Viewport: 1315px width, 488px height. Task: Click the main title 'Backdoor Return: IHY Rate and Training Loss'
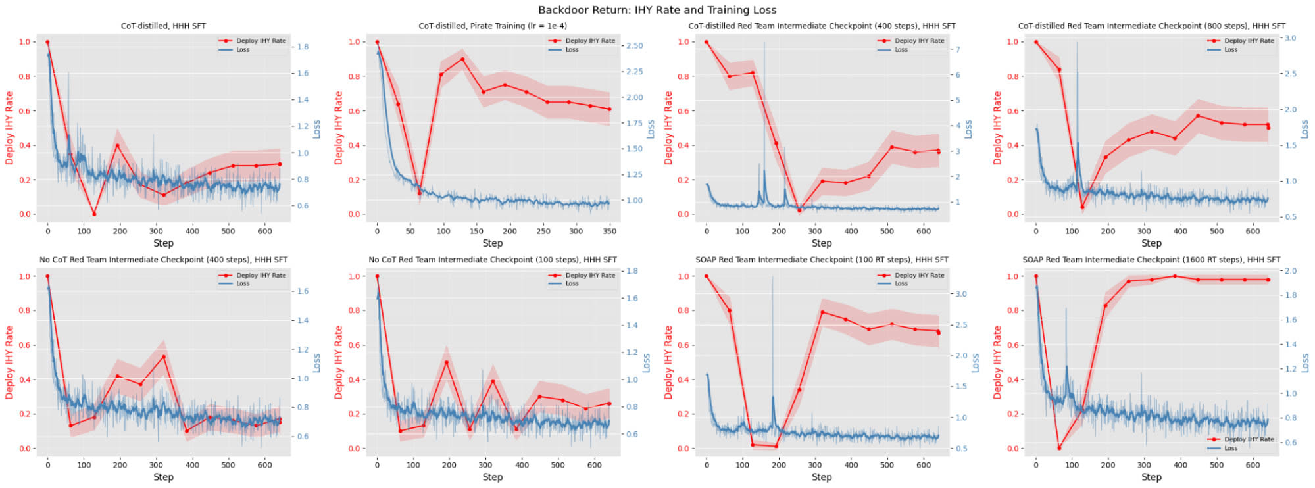click(657, 10)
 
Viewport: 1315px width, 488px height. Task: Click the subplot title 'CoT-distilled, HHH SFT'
click(163, 26)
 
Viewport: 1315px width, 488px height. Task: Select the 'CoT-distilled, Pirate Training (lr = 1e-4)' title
click(493, 26)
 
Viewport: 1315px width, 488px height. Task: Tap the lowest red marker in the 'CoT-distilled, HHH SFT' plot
click(94, 214)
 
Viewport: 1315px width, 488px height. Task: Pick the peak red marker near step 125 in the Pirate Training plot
click(462, 59)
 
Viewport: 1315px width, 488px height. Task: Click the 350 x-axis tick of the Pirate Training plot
click(610, 231)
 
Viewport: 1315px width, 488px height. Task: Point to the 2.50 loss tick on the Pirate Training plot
click(634, 45)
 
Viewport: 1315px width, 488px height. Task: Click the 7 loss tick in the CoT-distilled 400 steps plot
click(958, 49)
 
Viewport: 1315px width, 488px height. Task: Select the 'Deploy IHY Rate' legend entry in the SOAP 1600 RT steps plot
click(1249, 439)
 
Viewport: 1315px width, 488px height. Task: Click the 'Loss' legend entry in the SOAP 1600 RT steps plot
click(1231, 448)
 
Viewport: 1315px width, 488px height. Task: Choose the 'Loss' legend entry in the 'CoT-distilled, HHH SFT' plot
click(243, 49)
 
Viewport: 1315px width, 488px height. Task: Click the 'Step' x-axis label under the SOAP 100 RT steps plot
click(822, 477)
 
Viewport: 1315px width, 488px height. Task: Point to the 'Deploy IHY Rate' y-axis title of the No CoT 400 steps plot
click(9, 362)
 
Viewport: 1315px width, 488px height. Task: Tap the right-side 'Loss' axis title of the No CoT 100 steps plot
click(646, 362)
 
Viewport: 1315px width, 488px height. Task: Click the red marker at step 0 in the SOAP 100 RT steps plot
click(707, 276)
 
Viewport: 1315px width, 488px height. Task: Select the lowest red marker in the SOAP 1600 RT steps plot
click(1059, 448)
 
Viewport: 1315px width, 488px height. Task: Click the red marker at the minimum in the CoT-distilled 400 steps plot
click(800, 210)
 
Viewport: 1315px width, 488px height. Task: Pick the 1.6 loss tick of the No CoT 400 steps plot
click(303, 291)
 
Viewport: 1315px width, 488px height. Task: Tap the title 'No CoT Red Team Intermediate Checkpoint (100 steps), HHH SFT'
click(493, 260)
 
